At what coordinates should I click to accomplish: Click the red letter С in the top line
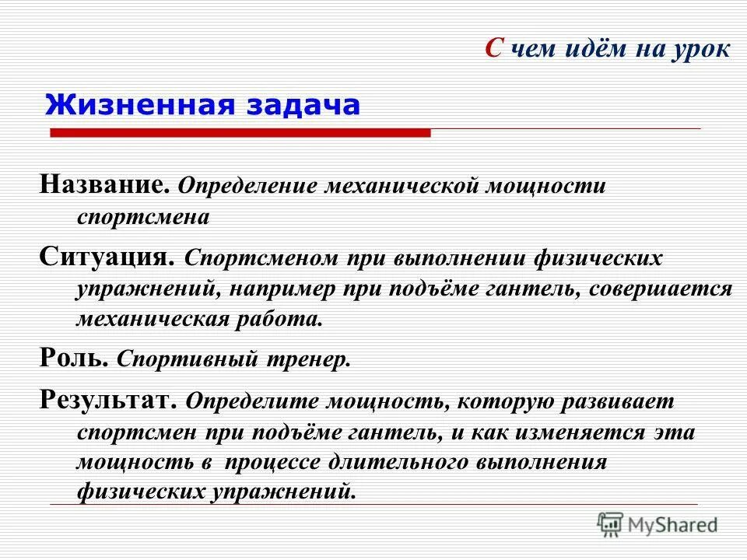point(493,50)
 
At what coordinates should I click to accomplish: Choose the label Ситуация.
point(110,257)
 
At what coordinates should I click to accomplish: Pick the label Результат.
point(110,401)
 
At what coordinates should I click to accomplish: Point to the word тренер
point(315,359)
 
